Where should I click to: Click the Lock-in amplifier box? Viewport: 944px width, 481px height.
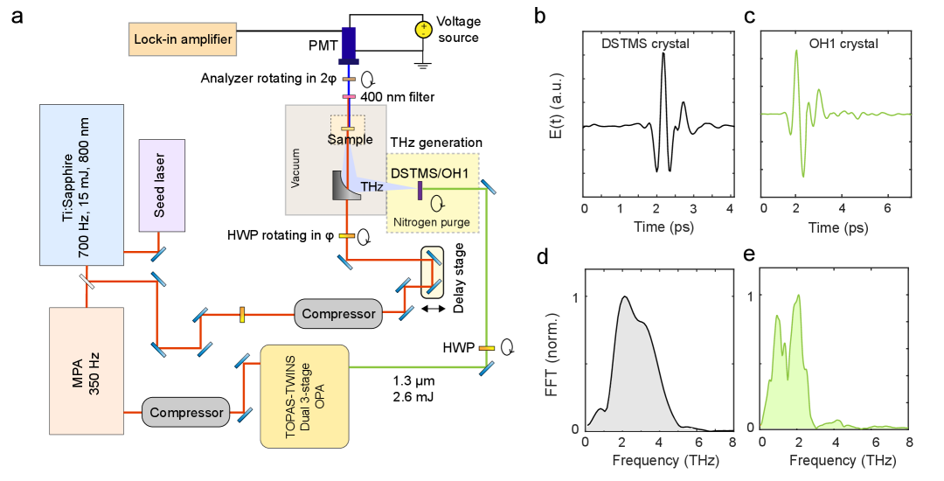(x=184, y=39)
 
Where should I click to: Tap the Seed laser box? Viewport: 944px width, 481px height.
(x=162, y=185)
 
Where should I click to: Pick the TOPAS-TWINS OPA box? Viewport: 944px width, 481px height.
(x=304, y=396)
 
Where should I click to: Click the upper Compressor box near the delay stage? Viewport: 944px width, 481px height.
(x=338, y=313)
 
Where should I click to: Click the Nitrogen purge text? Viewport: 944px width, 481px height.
(x=432, y=222)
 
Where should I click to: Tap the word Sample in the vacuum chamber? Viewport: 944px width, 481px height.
(x=350, y=140)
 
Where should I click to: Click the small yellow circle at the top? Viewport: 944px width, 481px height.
(x=424, y=30)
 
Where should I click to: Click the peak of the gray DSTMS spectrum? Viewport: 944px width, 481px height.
(x=624, y=299)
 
